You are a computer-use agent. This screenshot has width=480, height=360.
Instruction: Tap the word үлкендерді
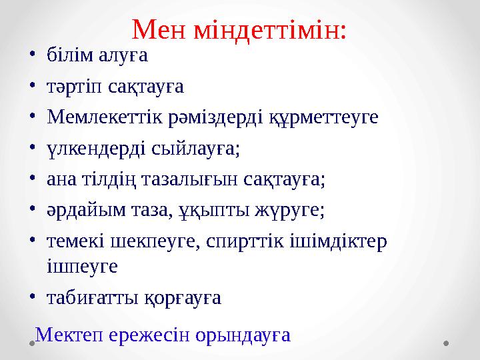(x=88, y=148)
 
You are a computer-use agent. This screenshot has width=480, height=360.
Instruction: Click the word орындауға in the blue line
(x=244, y=334)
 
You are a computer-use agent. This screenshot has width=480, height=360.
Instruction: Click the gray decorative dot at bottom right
(x=447, y=343)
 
